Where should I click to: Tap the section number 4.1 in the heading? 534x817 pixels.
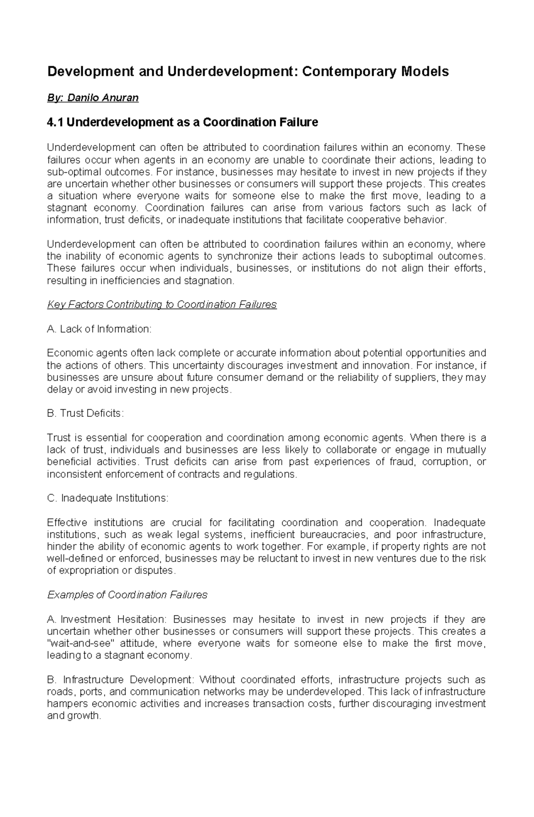(56, 122)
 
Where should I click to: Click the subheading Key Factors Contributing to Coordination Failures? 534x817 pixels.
(162, 305)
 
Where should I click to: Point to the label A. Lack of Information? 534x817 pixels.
(99, 329)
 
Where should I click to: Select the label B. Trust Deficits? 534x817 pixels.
(85, 413)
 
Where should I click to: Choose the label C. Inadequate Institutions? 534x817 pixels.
(108, 498)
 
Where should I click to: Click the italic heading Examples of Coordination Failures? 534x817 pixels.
(127, 595)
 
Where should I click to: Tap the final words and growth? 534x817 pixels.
(74, 716)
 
